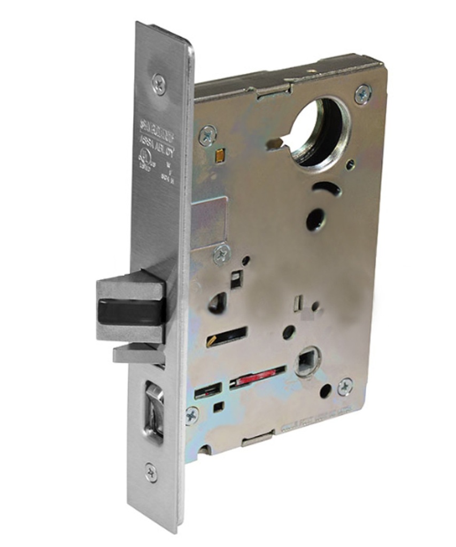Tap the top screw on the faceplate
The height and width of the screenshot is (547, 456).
pyautogui.click(x=159, y=84)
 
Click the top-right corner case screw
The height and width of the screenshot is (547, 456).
pyautogui.click(x=363, y=94)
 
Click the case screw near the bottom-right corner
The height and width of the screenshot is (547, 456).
pyautogui.click(x=345, y=386)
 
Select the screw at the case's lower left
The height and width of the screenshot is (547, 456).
pyautogui.click(x=191, y=415)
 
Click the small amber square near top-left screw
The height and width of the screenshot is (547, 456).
pyautogui.click(x=217, y=156)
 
